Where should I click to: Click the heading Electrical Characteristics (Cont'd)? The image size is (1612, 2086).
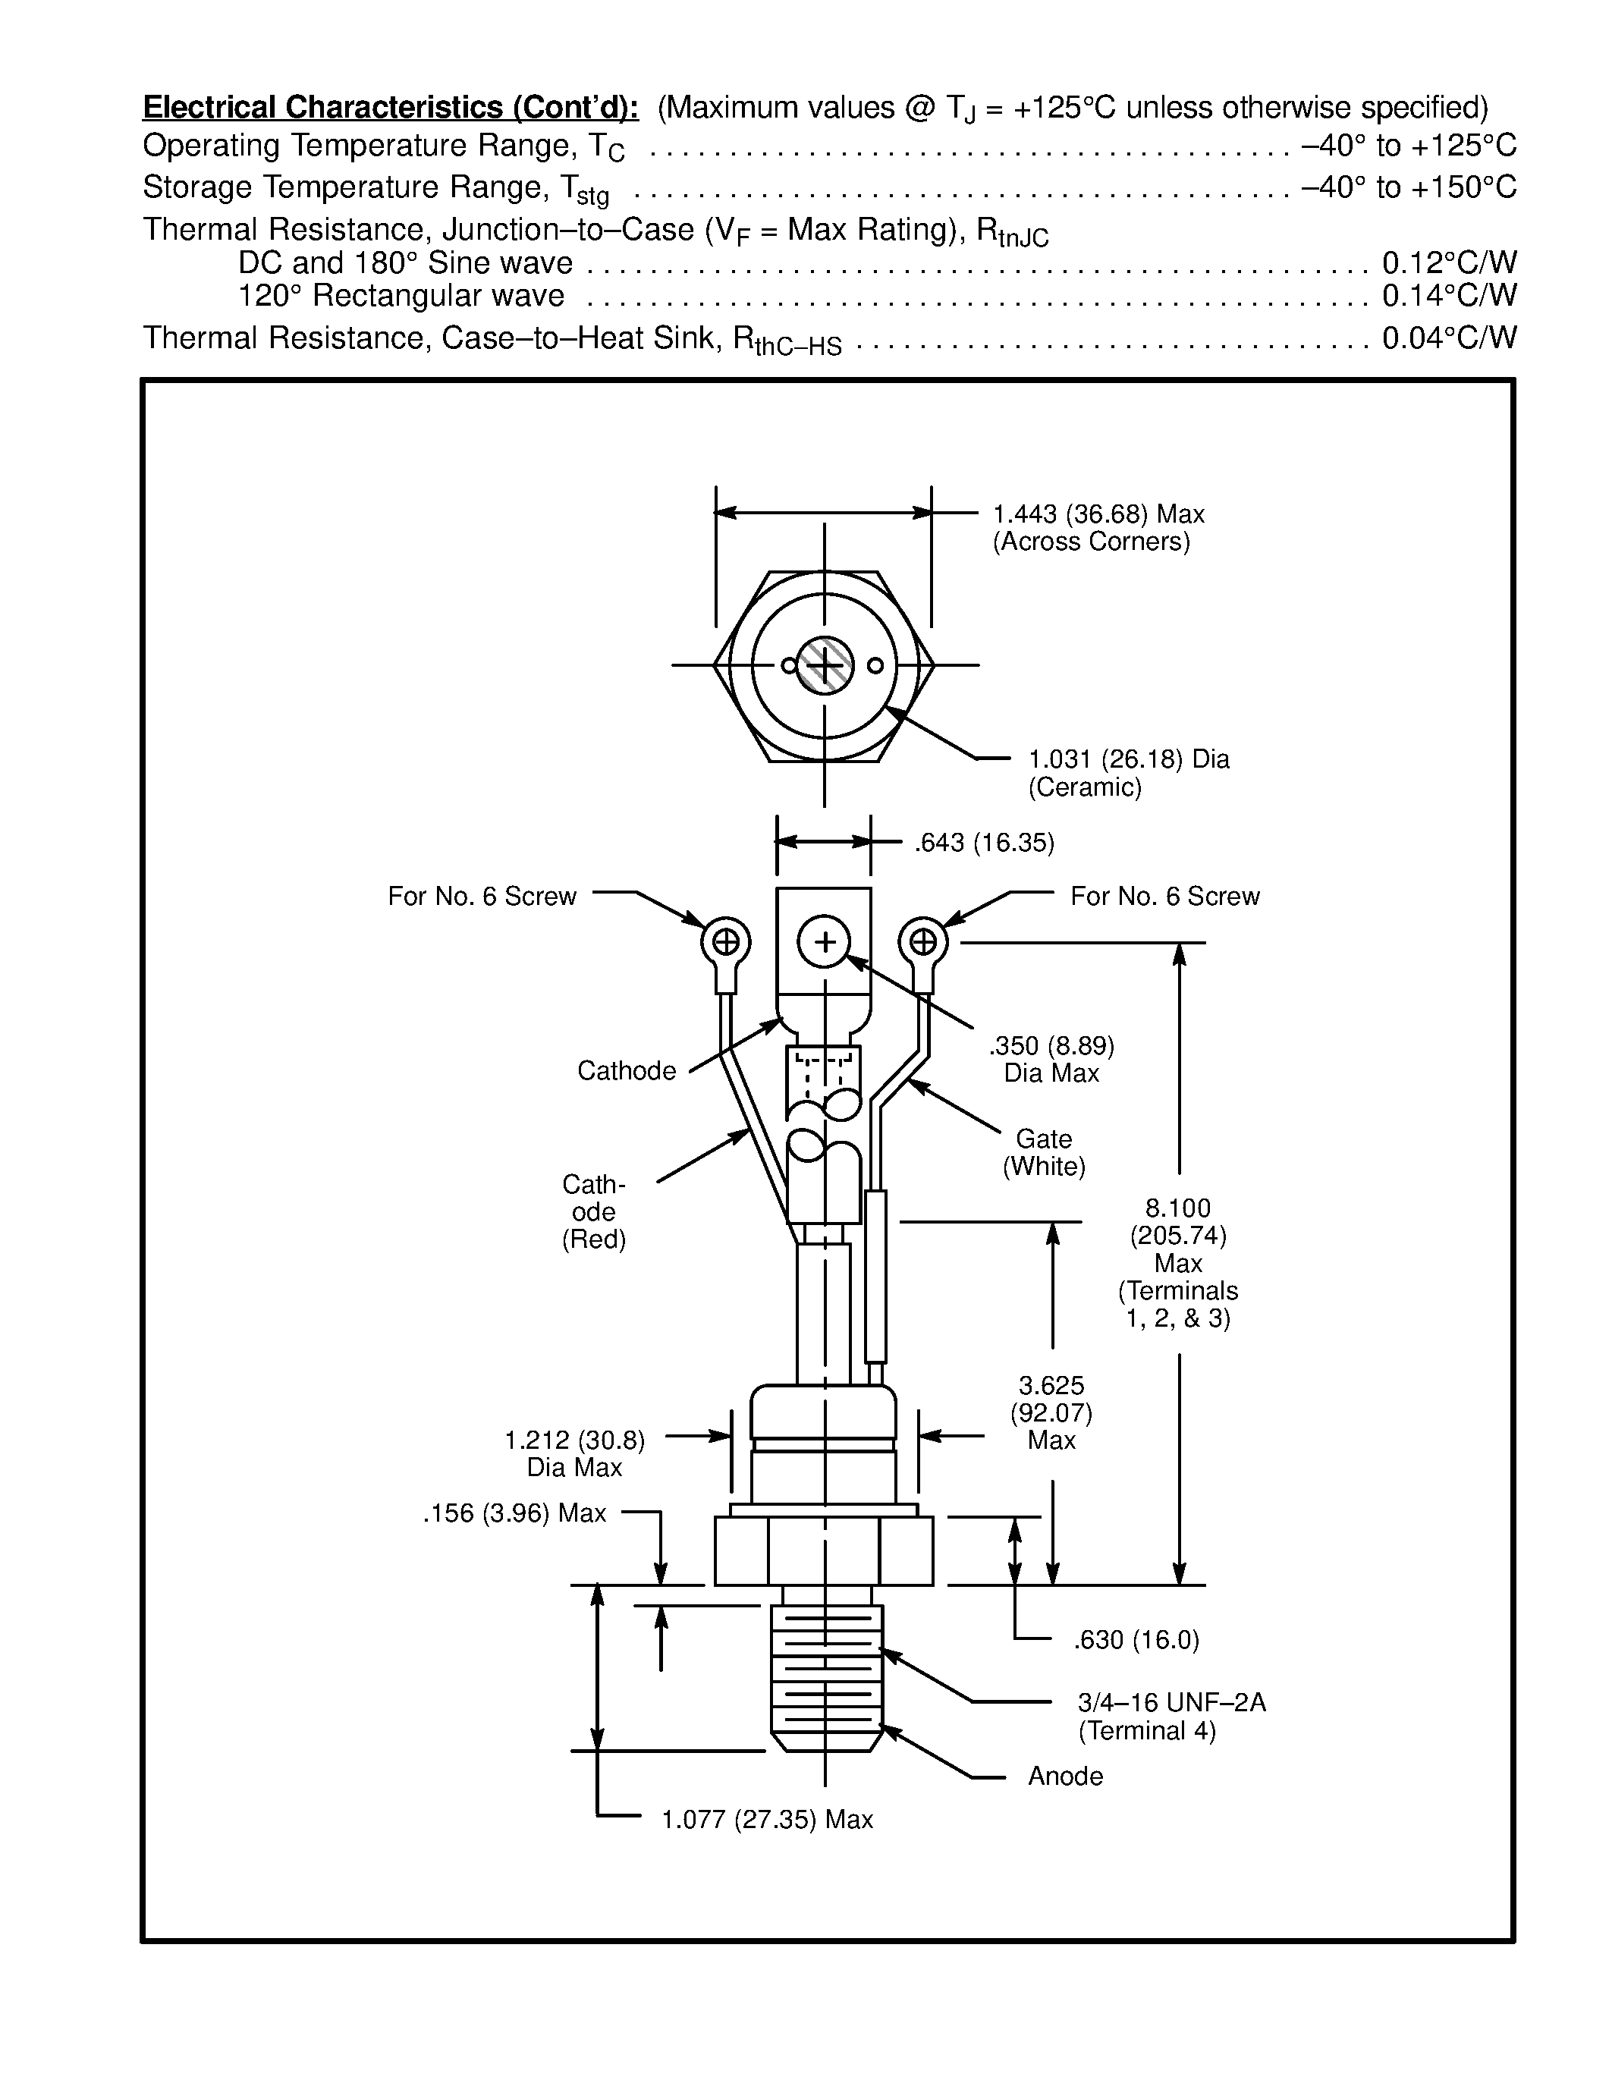391,107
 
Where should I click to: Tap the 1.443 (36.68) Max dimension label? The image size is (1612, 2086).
1098,515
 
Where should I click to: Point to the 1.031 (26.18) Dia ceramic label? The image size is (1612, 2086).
1129,759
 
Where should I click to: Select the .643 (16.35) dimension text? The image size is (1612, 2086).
984,843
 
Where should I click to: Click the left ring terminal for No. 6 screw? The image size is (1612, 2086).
726,944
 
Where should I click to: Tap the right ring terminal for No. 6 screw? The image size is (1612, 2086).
922,944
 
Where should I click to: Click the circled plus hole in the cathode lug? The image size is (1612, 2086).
823,943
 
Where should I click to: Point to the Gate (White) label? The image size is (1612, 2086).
1044,1152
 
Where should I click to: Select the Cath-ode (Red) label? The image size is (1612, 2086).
593,1211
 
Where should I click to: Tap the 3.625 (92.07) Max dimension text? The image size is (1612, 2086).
1051,1412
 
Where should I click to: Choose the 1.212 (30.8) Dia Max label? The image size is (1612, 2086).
575,1453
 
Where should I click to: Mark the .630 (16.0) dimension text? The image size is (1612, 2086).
1136,1640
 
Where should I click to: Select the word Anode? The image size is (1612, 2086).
1065,1777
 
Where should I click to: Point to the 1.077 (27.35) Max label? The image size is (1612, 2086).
767,1820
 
